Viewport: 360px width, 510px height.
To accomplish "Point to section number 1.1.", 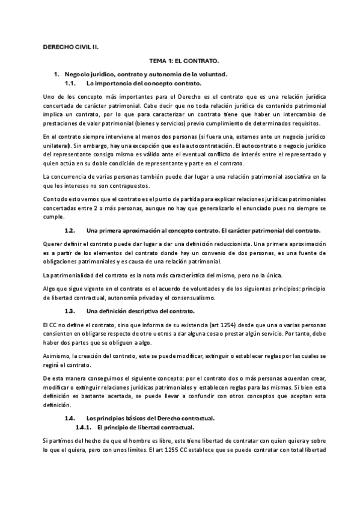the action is click(70, 82).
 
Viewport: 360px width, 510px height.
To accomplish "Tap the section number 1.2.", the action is click(70, 230).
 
